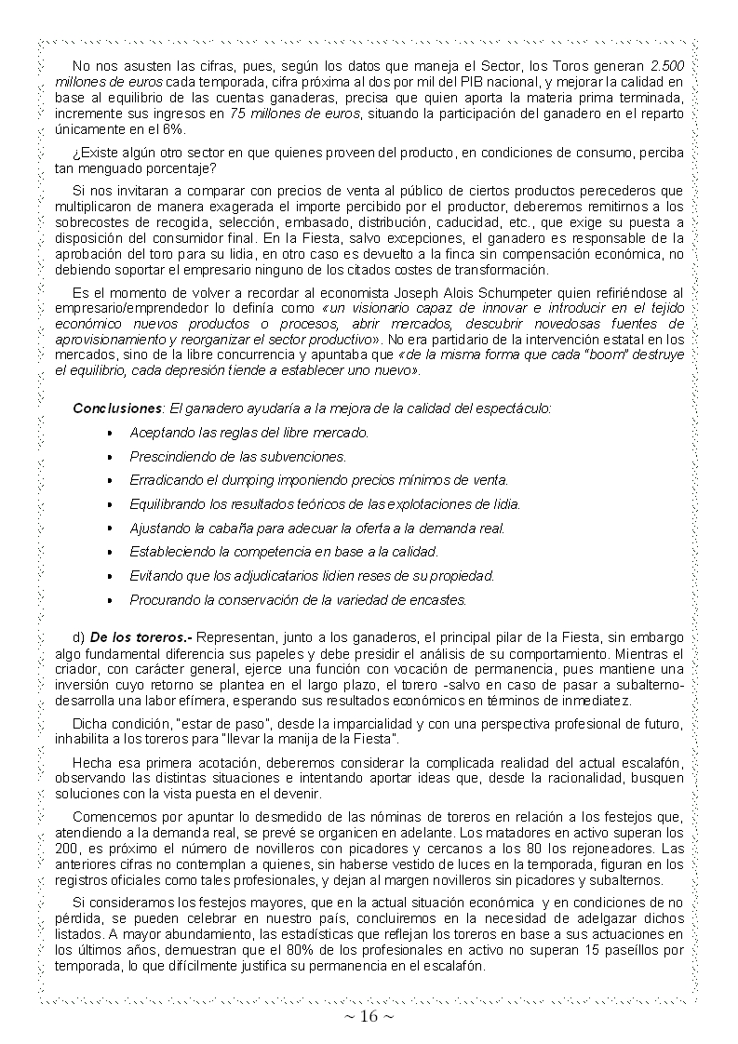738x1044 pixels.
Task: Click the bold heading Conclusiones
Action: [x=117, y=408]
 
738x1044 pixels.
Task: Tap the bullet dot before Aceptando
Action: [x=110, y=433]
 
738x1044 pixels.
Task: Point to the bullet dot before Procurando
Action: [x=110, y=600]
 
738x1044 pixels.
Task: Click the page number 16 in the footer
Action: [x=369, y=1017]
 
